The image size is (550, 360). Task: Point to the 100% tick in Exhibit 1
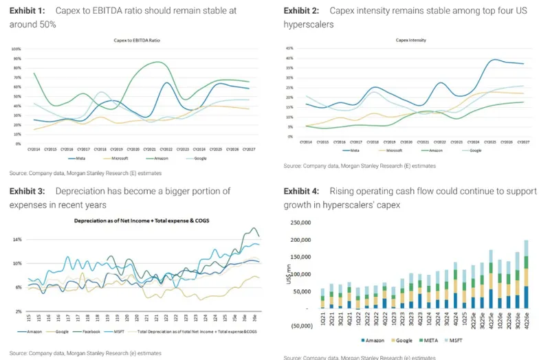[16, 49]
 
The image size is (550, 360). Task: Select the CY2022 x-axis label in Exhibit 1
[163, 148]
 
